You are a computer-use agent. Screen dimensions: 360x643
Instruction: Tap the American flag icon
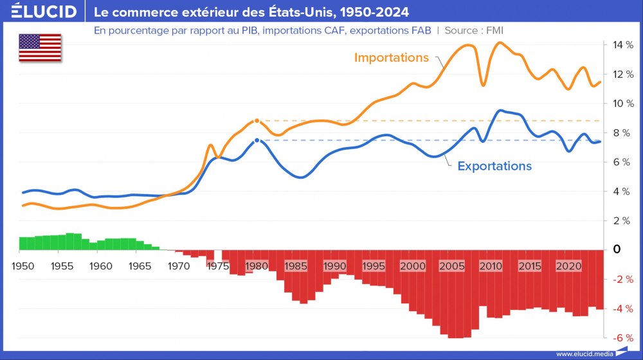[x=40, y=48]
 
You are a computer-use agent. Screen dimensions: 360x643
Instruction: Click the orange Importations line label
[x=391, y=57]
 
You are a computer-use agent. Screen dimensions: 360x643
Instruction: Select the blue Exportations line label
[x=494, y=166]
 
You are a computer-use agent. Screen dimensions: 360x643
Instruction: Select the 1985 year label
[x=295, y=265]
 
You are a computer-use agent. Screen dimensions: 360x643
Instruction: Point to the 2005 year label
[x=452, y=265]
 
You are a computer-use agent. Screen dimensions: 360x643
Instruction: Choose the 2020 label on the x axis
[x=568, y=265]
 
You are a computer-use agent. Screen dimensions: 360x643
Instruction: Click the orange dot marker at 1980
[x=257, y=120]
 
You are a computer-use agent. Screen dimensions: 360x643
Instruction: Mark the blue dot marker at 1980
[x=257, y=140]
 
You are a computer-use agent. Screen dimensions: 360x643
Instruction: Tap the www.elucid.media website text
[x=584, y=354]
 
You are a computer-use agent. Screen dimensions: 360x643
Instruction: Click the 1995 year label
[x=374, y=265]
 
